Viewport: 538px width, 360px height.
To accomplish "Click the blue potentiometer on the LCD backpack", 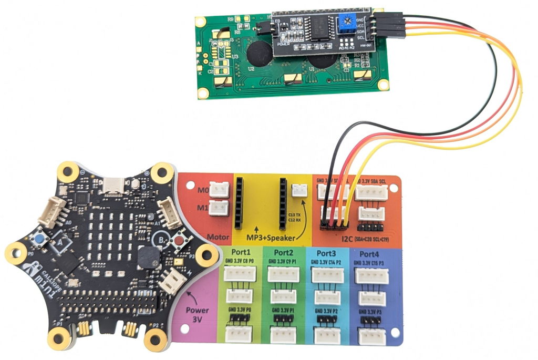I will (x=346, y=22).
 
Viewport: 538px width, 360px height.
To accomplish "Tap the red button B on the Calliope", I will (x=179, y=241).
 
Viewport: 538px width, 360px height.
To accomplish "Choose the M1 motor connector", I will (x=220, y=208).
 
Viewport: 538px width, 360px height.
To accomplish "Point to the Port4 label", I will (x=374, y=253).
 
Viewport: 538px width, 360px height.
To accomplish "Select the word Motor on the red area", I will (x=219, y=237).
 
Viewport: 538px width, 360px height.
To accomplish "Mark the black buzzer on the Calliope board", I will (x=146, y=259).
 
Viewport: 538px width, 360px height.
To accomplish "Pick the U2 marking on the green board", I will (x=251, y=69).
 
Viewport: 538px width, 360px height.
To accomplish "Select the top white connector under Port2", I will (x=284, y=274).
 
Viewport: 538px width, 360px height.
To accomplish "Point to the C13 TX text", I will (x=294, y=214).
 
